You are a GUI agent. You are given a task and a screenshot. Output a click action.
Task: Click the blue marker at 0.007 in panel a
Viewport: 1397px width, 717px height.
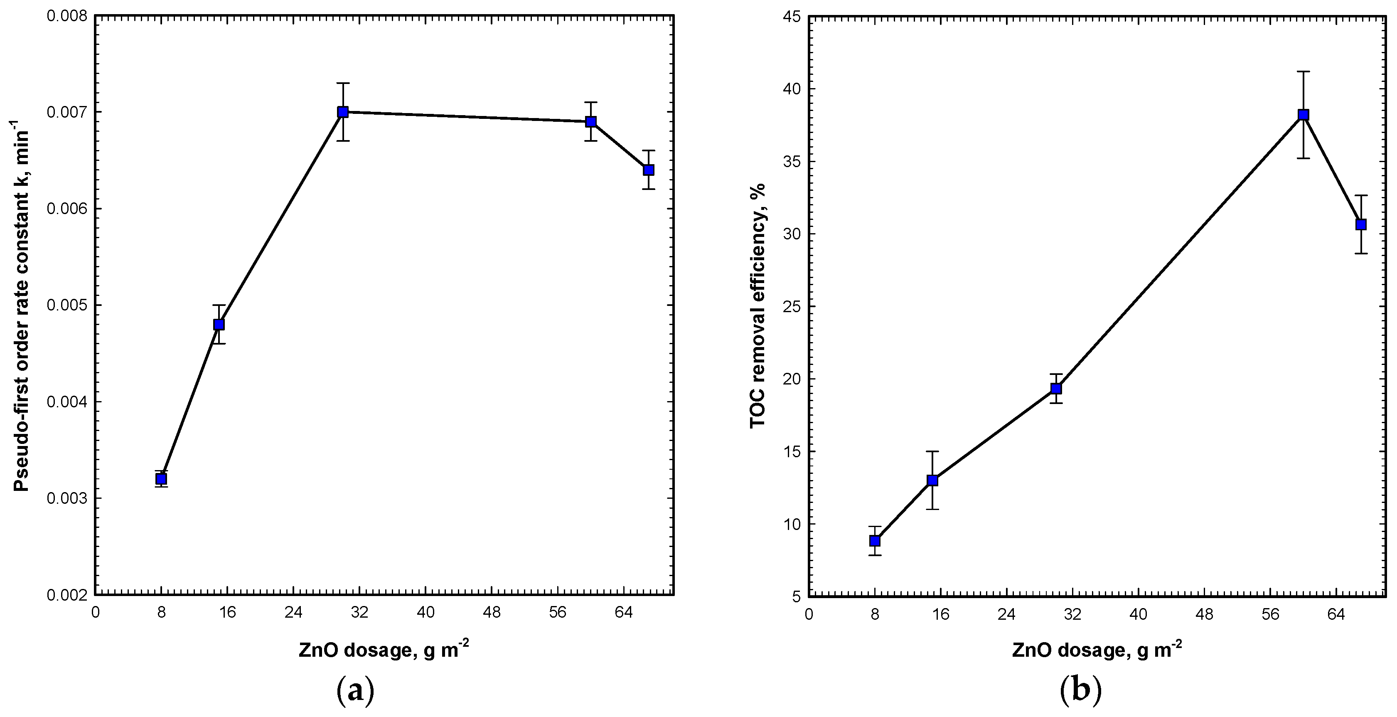point(343,112)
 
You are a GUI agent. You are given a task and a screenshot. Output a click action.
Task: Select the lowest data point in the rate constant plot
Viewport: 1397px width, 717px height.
point(161,479)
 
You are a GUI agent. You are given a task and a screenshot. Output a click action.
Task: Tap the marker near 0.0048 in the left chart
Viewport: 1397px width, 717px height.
point(219,324)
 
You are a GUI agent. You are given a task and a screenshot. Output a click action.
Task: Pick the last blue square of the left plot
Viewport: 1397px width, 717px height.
point(649,170)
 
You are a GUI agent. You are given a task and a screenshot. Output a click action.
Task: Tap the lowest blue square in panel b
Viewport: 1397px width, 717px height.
point(875,541)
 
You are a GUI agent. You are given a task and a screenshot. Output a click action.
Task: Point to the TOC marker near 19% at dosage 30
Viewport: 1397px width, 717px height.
point(1056,388)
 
